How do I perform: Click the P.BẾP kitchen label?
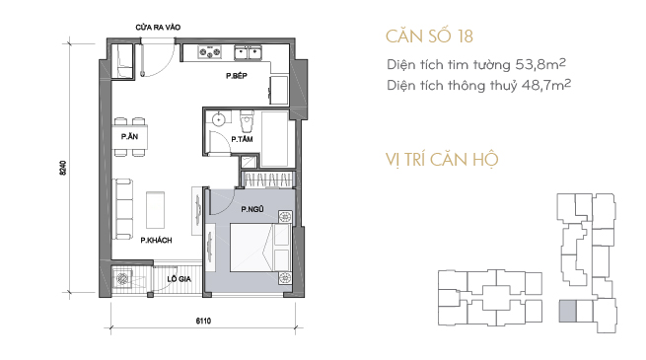pyautogui.click(x=237, y=76)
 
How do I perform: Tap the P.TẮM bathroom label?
pyautogui.click(x=242, y=140)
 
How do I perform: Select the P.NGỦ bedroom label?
pyautogui.click(x=252, y=209)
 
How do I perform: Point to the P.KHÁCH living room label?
pyautogui.click(x=156, y=240)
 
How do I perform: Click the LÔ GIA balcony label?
pyautogui.click(x=179, y=279)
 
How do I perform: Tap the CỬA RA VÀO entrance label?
pyautogui.click(x=158, y=28)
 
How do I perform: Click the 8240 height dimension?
pyautogui.click(x=62, y=168)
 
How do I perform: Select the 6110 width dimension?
pyautogui.click(x=203, y=321)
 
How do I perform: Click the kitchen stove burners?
pyautogui.click(x=210, y=52)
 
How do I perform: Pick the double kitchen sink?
pyautogui.click(x=248, y=52)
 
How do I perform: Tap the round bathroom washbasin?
pyautogui.click(x=218, y=119)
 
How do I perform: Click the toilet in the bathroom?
pyautogui.click(x=247, y=120)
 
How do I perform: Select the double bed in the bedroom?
pyautogui.click(x=260, y=248)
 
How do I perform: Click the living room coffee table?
pyautogui.click(x=155, y=210)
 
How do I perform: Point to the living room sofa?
pyautogui.click(x=122, y=209)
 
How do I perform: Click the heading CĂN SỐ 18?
pyautogui.click(x=429, y=36)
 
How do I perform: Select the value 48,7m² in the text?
pyautogui.click(x=546, y=85)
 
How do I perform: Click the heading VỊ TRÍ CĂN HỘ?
pyautogui.click(x=442, y=160)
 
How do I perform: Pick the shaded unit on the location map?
pyautogui.click(x=567, y=311)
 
